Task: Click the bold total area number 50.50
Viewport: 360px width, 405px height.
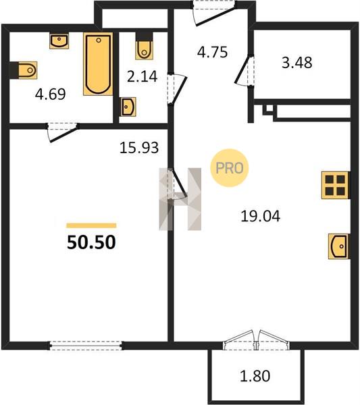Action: (x=91, y=242)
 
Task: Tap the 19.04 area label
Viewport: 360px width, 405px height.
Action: (x=260, y=216)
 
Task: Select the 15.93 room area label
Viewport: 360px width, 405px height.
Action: (x=139, y=148)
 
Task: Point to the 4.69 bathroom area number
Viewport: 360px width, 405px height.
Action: (x=51, y=94)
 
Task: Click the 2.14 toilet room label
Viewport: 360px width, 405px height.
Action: (x=142, y=76)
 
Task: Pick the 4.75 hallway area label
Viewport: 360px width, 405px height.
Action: (x=213, y=52)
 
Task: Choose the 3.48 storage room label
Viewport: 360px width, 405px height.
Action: (x=297, y=63)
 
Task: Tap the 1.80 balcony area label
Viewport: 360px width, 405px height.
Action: (x=255, y=376)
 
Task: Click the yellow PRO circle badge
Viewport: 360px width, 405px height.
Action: (x=230, y=168)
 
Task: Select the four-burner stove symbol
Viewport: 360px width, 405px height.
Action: (x=336, y=185)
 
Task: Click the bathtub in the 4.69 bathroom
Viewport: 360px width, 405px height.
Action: (x=98, y=64)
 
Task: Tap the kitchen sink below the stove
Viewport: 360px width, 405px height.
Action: (x=339, y=246)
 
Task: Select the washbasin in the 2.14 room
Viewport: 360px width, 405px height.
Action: (x=128, y=107)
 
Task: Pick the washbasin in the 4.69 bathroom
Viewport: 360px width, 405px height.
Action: (x=59, y=40)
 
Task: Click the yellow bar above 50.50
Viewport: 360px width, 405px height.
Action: (x=91, y=225)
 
